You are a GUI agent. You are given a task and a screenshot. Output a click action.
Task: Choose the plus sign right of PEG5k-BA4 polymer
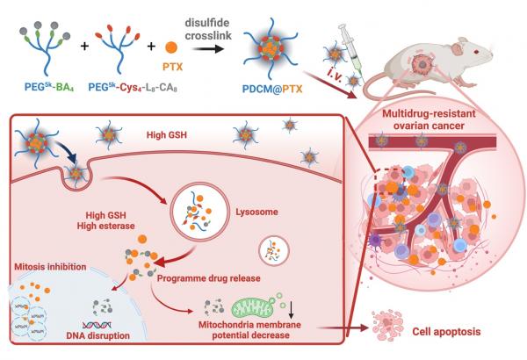point(83,43)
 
